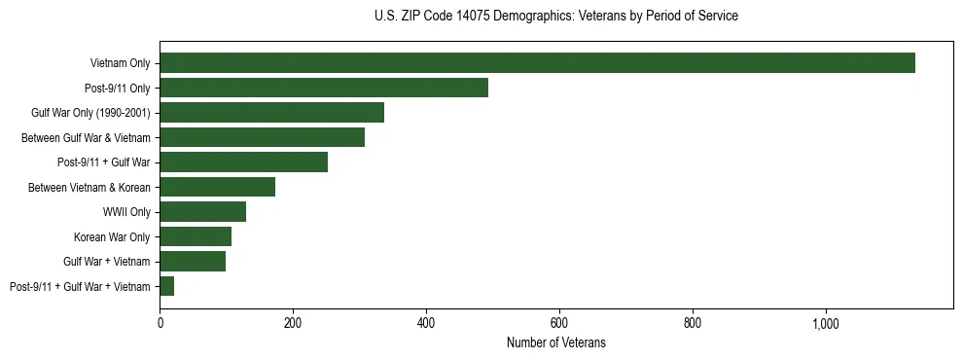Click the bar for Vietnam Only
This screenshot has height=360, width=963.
[x=537, y=63]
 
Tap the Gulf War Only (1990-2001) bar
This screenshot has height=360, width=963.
[x=271, y=113]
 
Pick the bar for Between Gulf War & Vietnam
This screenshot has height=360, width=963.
[x=262, y=137]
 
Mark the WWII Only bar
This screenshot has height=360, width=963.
[x=202, y=212]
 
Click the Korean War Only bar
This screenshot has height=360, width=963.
[x=196, y=236]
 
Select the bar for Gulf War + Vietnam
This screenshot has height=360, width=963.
[x=193, y=262]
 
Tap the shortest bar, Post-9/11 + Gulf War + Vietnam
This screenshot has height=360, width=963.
[x=166, y=286]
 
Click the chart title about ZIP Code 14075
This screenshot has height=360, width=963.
[x=555, y=17]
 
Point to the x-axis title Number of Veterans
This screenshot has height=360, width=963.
[x=555, y=342]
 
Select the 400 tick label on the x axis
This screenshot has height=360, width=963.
[x=426, y=322]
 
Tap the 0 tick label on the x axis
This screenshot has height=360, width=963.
[x=160, y=322]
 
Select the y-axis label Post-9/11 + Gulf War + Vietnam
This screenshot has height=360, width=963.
[x=80, y=286]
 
